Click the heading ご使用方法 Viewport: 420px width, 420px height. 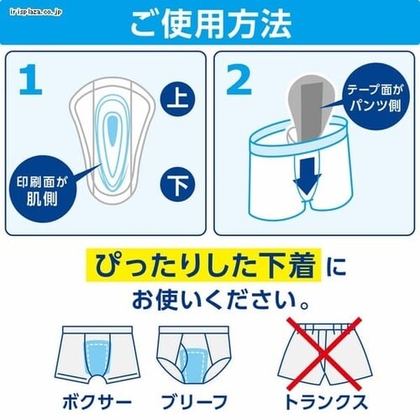211,24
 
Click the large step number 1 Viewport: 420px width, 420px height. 31,80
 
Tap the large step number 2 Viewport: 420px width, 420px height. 239,80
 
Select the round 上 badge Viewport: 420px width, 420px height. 177,99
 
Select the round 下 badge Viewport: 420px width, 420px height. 177,184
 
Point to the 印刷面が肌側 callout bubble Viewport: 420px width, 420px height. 42,189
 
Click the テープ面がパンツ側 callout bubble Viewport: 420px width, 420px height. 375,97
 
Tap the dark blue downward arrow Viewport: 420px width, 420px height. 307,176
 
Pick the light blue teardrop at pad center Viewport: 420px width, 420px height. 113,130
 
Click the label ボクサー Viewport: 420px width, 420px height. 97,402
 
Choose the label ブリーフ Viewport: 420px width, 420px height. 194,402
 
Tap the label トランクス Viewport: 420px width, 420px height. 326,402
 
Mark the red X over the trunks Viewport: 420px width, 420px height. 324,354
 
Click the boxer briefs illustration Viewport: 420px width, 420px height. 97,355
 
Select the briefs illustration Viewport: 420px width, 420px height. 194,355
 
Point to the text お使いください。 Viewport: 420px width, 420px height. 221,300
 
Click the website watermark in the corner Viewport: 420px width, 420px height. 35,12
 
